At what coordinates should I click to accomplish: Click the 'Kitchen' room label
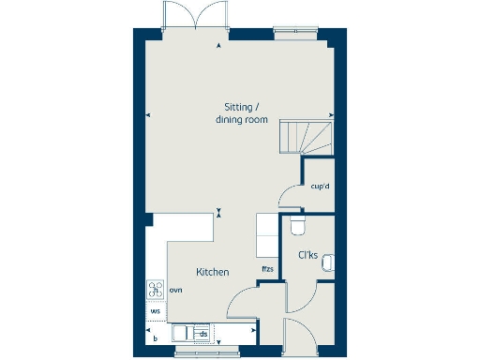click(x=213, y=272)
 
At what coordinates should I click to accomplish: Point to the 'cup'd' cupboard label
click(x=320, y=187)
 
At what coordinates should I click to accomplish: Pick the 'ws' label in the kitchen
click(x=155, y=309)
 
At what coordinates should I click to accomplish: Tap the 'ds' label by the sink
click(x=202, y=333)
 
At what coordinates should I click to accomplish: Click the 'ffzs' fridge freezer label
click(x=268, y=271)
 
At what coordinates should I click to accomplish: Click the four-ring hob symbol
click(x=155, y=291)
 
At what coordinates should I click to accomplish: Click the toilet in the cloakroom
click(x=297, y=227)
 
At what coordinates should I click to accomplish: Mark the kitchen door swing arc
click(x=241, y=306)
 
